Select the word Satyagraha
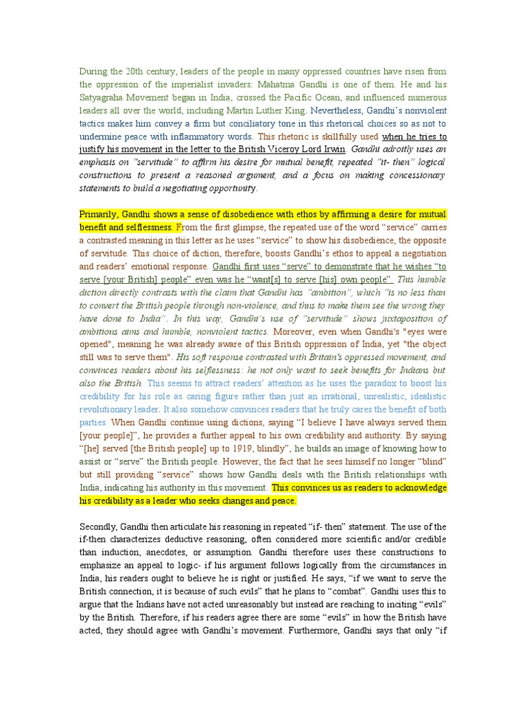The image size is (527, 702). [x=108, y=99]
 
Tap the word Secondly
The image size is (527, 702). [x=100, y=526]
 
